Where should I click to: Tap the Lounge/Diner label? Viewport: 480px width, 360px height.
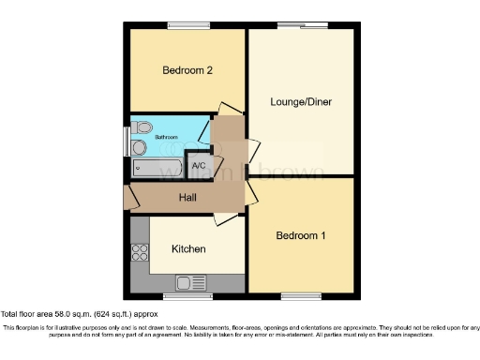pos(301,101)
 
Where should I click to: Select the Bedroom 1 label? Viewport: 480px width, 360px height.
pos(301,235)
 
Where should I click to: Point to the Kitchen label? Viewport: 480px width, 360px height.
pos(187,249)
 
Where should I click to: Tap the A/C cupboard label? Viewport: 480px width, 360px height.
pos(199,166)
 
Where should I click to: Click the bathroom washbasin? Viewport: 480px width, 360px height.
pos(140,148)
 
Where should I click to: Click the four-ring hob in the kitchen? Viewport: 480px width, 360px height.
pos(141,251)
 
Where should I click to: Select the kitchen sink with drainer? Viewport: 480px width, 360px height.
pos(190,281)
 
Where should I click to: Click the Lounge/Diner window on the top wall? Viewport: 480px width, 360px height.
pos(307,24)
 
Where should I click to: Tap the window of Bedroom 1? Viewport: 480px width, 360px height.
pos(300,297)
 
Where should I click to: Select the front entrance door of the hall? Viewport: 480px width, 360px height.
pos(129,198)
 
